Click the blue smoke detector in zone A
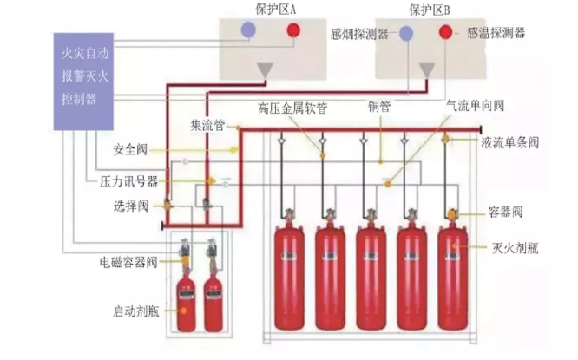click(x=247, y=30)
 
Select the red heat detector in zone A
click(x=292, y=31)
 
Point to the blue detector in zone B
click(x=406, y=34)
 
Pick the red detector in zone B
click(x=445, y=34)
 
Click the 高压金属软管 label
click(x=292, y=108)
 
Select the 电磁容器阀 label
click(x=128, y=261)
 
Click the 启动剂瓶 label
click(x=131, y=310)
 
